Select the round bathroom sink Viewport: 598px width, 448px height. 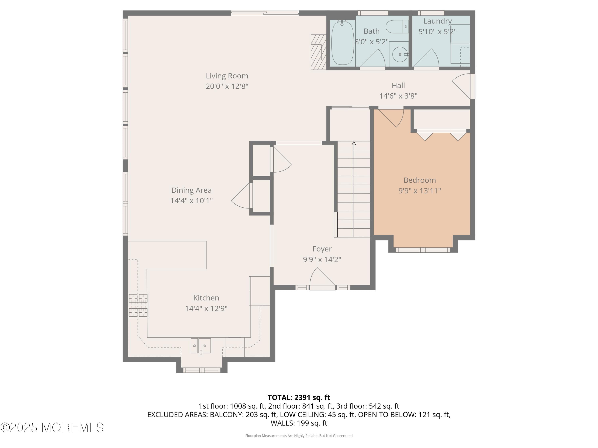tap(400, 55)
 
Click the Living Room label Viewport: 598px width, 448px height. tap(227, 76)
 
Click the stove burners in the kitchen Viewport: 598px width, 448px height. tap(138, 305)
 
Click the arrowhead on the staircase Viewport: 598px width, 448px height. tap(354, 143)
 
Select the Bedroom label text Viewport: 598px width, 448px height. tap(419, 180)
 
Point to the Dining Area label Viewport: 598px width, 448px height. tap(191, 190)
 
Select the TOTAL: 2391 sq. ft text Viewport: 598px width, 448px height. tap(299, 397)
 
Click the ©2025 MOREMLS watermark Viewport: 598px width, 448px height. tap(52, 427)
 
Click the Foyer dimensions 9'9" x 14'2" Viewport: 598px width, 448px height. tap(322, 259)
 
